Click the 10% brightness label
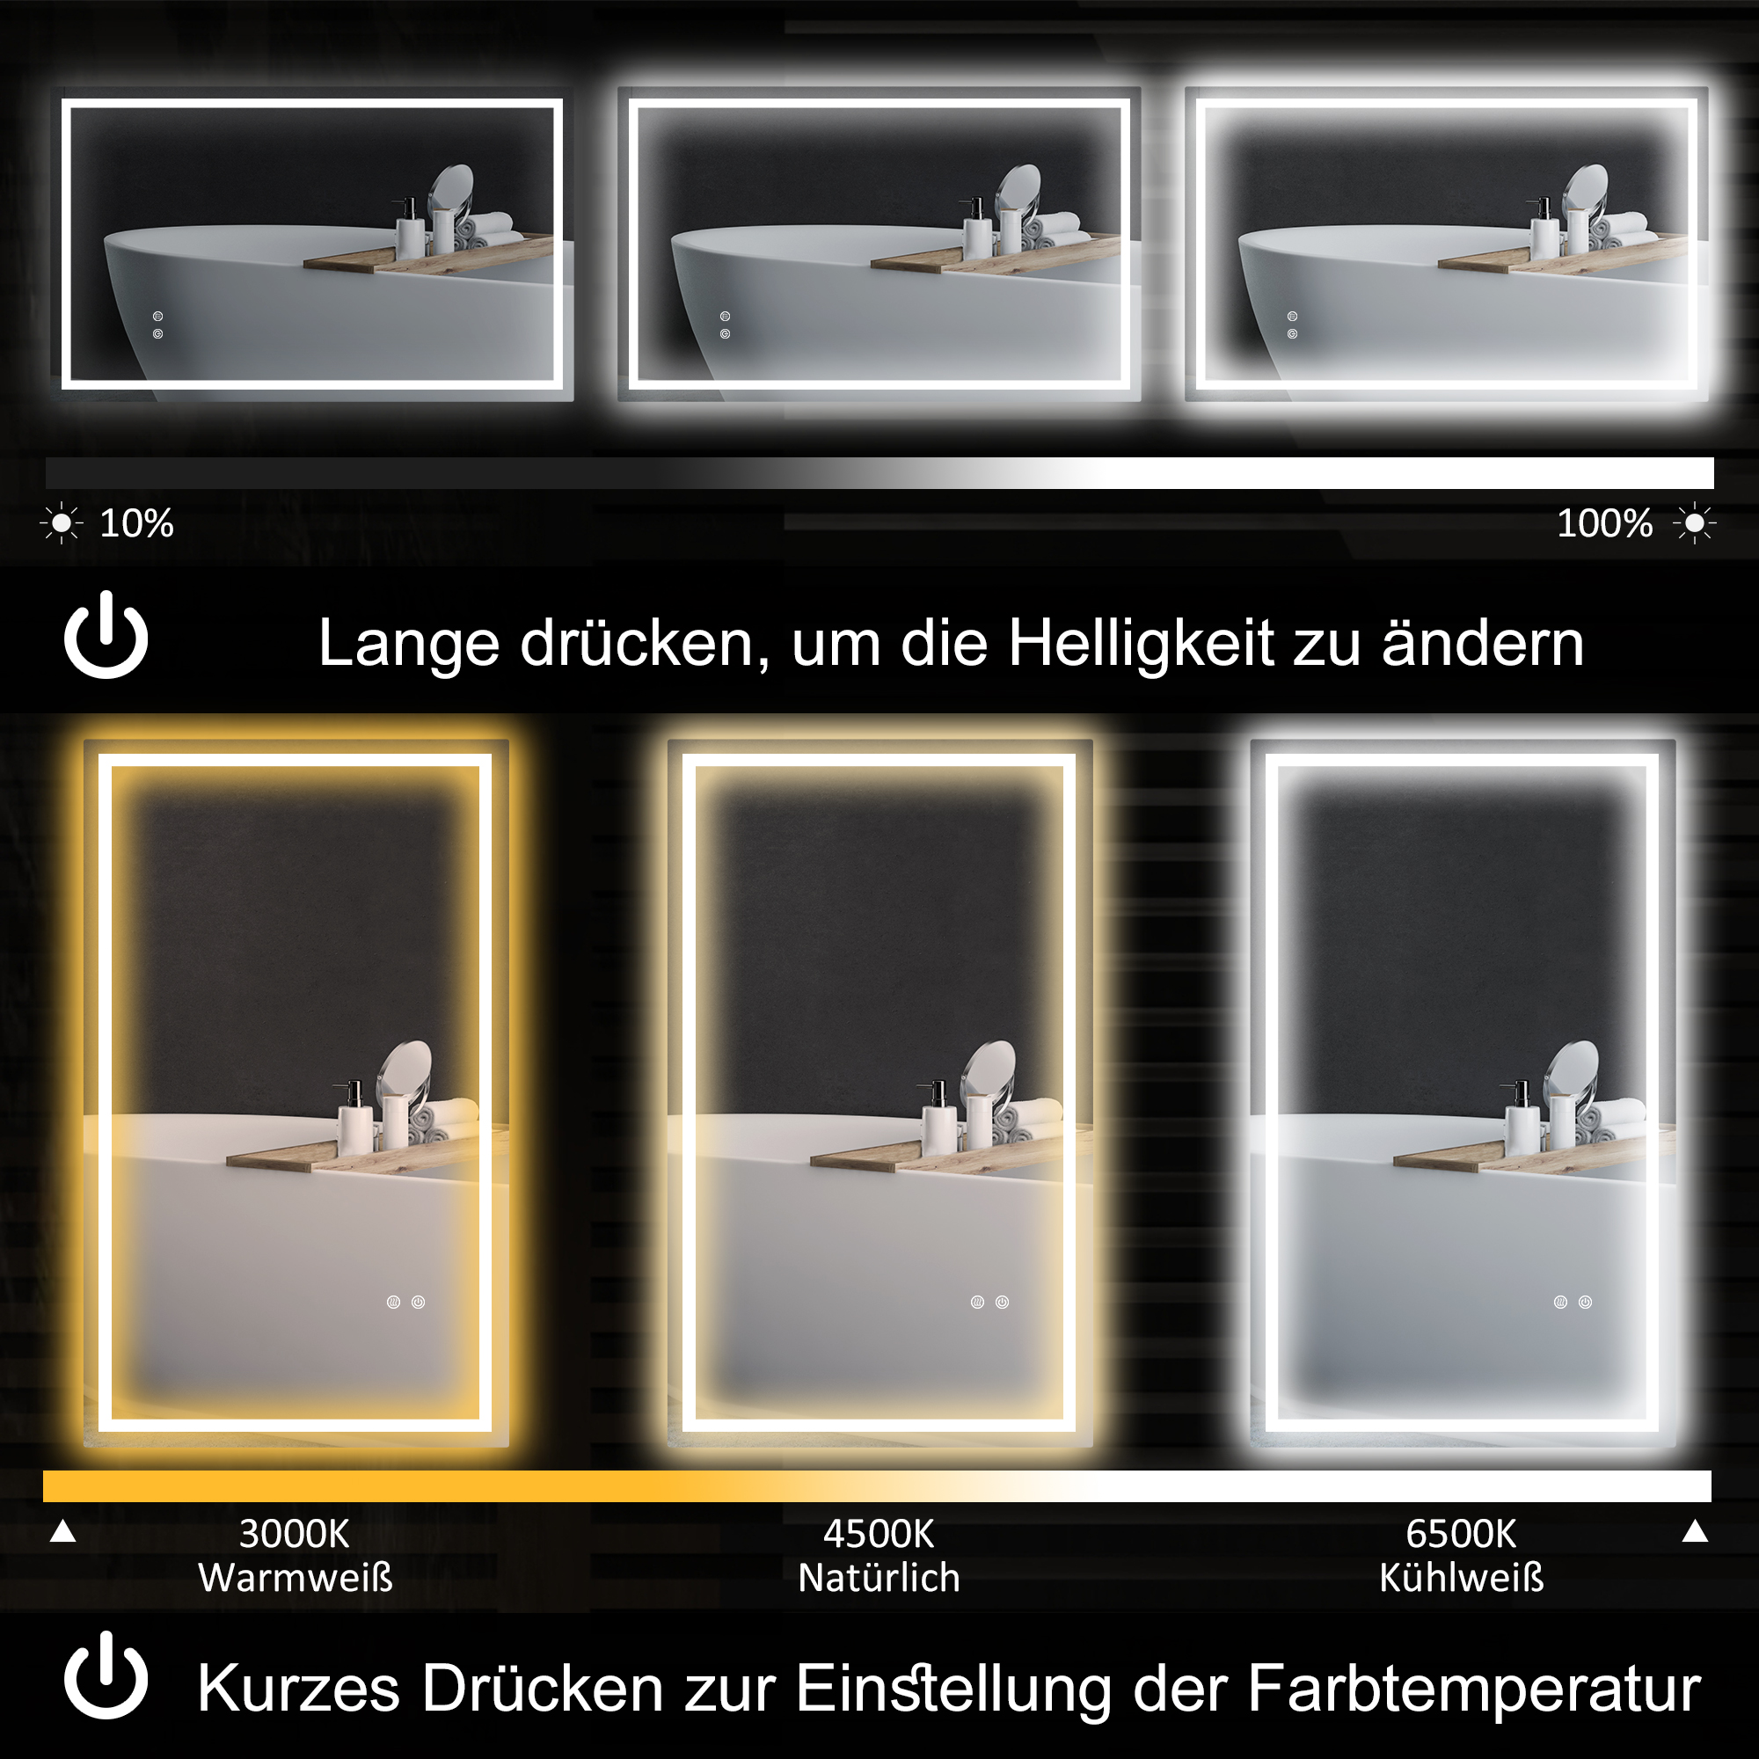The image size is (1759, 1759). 135,523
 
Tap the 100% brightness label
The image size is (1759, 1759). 1604,523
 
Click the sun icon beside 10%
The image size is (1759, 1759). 61,523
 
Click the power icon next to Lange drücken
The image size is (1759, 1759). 106,635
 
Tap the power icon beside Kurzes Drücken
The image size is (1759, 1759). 106,1676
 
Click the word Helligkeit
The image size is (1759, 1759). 1141,644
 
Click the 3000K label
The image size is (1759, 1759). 294,1534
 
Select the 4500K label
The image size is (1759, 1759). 879,1534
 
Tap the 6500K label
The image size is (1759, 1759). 1460,1534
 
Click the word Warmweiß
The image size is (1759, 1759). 295,1578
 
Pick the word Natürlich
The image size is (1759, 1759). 879,1578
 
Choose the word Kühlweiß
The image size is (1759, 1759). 1460,1578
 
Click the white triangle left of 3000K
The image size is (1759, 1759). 62,1531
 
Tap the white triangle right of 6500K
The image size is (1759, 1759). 1695,1531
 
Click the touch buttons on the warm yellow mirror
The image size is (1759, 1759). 406,1302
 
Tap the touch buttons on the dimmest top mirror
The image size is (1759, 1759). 157,325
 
